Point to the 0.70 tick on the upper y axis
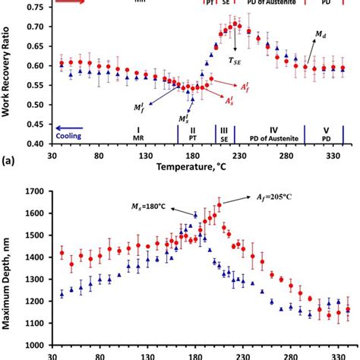point(34,27)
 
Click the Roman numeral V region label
point(327,129)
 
